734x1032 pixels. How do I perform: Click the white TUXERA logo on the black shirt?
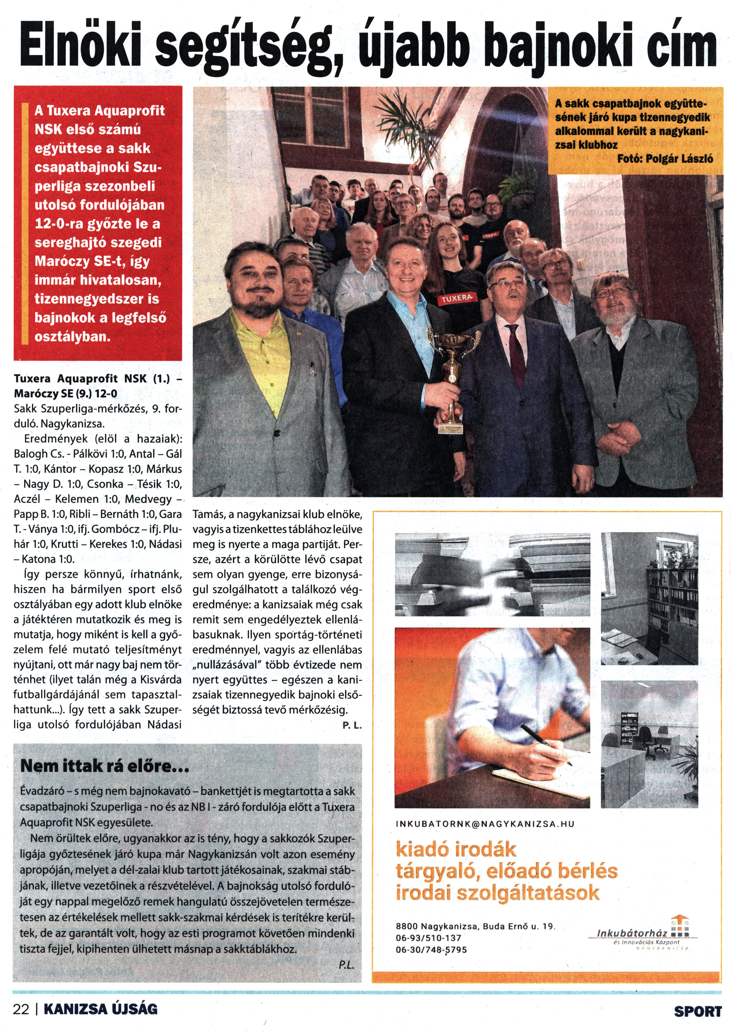click(x=457, y=298)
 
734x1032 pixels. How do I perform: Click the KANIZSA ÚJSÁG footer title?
click(x=100, y=1009)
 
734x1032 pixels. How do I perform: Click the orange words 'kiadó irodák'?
click(x=456, y=849)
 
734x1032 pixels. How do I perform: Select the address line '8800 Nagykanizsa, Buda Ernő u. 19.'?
click(x=475, y=926)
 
